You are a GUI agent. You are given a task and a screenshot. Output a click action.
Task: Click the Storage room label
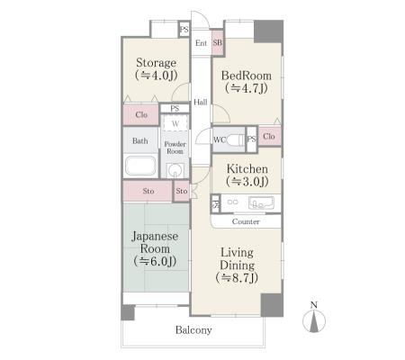click(x=156, y=68)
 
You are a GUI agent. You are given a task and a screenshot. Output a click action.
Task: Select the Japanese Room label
click(x=155, y=248)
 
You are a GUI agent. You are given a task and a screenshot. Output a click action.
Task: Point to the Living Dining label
click(x=237, y=265)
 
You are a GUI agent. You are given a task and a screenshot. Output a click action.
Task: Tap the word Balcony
click(x=193, y=330)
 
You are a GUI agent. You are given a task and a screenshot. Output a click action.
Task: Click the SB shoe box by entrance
click(x=218, y=42)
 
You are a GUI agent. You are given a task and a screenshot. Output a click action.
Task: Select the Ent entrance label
click(x=201, y=43)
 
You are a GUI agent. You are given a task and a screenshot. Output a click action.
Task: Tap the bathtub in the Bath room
click(x=140, y=165)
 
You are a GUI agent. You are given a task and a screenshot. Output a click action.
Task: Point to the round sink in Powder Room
click(x=175, y=171)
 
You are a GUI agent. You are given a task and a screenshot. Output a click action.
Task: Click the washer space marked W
click(x=175, y=123)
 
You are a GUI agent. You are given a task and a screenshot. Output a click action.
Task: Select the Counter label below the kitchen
click(x=246, y=221)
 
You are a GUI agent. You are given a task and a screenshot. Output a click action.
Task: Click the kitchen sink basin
click(x=261, y=202)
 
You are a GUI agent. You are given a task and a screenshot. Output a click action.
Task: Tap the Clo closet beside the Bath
click(x=141, y=114)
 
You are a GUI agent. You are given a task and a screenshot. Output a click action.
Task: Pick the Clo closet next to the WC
click(x=269, y=136)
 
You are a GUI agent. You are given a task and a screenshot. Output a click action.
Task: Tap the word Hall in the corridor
click(x=201, y=103)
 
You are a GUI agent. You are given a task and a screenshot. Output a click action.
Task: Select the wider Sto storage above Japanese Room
click(x=148, y=191)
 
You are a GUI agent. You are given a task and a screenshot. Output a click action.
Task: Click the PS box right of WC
click(x=251, y=139)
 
